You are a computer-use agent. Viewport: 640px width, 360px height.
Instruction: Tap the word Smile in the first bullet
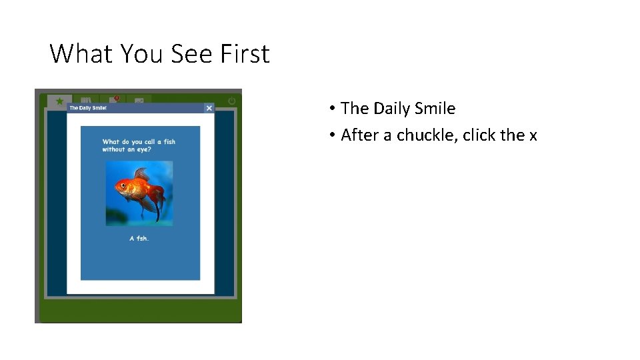click(433, 108)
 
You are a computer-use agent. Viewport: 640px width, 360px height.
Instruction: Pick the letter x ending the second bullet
click(533, 135)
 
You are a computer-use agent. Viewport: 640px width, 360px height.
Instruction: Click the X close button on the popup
click(209, 108)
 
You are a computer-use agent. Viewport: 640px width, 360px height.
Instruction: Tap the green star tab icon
click(59, 101)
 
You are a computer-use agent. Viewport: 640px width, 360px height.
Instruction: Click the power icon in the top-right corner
click(232, 101)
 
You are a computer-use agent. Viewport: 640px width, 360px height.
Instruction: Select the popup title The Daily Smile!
click(88, 108)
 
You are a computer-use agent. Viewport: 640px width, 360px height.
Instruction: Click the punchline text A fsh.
click(139, 238)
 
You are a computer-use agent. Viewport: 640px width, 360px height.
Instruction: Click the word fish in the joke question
click(169, 141)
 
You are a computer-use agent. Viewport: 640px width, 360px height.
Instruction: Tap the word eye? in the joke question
click(143, 149)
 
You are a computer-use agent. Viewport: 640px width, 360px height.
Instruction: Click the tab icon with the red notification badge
click(113, 101)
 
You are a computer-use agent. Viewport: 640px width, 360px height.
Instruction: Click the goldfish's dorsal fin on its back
click(141, 174)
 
